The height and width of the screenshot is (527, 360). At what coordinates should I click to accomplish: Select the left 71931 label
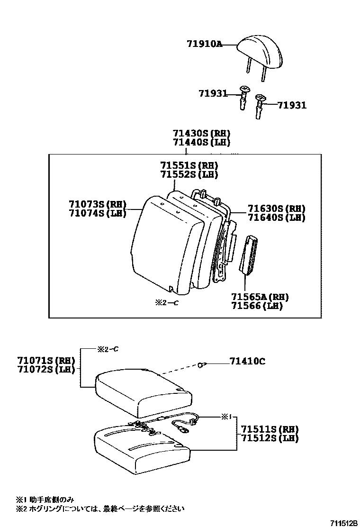click(213, 94)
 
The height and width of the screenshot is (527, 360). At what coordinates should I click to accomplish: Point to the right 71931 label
click(291, 105)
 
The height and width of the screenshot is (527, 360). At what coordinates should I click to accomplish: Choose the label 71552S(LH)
click(189, 174)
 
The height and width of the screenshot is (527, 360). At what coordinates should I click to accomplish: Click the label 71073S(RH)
click(97, 204)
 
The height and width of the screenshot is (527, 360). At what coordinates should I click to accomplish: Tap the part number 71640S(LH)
click(277, 218)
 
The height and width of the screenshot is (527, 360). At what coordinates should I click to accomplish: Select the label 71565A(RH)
click(260, 297)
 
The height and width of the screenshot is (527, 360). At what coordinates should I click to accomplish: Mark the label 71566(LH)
click(257, 306)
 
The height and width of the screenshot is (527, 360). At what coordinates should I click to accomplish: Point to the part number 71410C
click(247, 362)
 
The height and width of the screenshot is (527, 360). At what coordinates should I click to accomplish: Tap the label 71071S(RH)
click(40, 361)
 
